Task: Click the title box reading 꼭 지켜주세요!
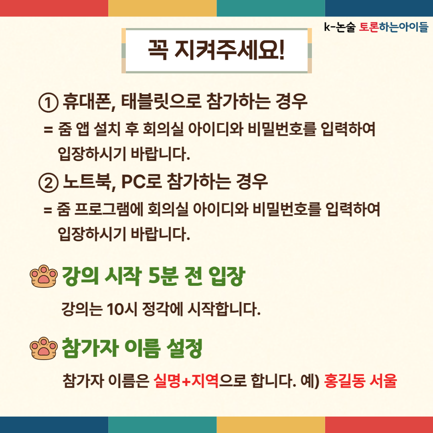click(216, 51)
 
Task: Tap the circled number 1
click(49, 103)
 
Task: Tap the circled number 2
click(49, 183)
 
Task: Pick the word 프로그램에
click(109, 209)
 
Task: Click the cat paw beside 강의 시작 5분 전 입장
click(44, 276)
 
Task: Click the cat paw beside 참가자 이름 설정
click(44, 348)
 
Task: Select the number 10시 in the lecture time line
click(121, 309)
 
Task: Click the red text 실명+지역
click(186, 380)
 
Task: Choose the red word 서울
click(383, 380)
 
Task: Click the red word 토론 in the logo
click(369, 27)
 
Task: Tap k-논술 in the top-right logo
click(340, 27)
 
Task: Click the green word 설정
click(184, 348)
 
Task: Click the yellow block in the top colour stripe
click(162, 8)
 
